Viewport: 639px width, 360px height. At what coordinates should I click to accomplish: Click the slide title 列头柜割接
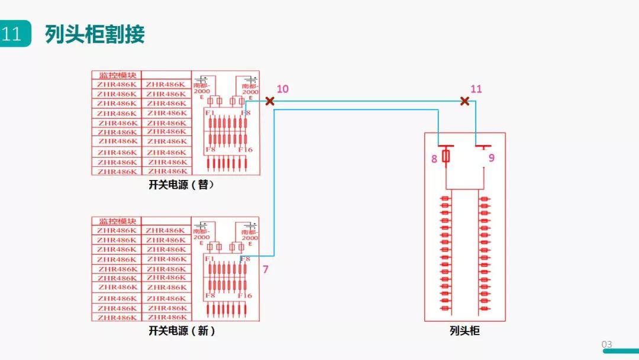point(95,34)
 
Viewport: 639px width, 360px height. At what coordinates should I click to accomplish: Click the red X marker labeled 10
point(270,101)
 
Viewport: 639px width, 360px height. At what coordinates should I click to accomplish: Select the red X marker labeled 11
point(465,101)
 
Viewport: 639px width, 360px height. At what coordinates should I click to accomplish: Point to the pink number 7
point(266,269)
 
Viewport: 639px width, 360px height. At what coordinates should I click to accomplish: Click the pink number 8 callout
point(434,158)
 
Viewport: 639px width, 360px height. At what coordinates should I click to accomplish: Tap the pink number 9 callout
point(492,158)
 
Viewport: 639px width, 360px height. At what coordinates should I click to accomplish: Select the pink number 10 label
point(283,89)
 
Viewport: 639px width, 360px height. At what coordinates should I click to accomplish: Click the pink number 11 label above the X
point(476,89)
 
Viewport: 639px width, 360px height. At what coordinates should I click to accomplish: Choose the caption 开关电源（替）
point(182,185)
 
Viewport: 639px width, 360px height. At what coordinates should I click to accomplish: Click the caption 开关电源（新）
point(182,331)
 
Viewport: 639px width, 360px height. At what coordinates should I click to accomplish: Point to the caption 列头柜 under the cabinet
point(464,331)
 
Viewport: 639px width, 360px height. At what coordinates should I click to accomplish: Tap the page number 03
point(606,345)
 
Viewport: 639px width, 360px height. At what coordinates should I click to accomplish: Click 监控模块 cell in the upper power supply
point(117,75)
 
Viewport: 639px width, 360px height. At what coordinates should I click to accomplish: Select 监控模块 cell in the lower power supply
point(117,221)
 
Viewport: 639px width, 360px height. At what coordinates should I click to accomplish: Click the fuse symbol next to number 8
point(446,156)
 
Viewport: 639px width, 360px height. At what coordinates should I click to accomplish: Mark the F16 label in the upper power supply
point(245,150)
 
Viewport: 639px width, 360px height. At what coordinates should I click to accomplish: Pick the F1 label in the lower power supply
point(209,259)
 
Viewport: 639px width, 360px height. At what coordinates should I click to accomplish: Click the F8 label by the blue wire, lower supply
point(245,259)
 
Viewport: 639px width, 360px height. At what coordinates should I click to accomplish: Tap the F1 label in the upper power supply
point(209,112)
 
